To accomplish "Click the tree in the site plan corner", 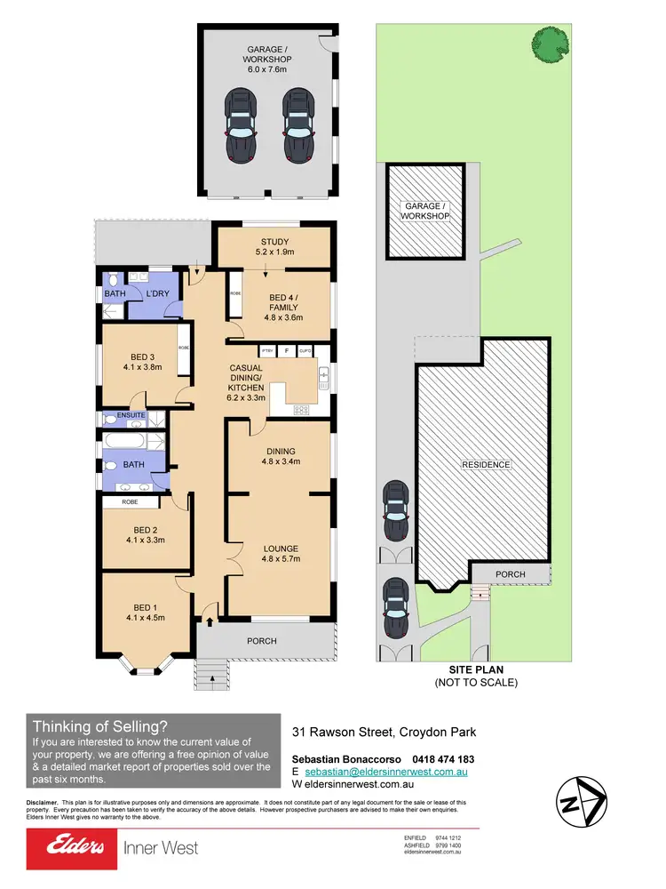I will tap(550, 42).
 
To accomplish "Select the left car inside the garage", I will tap(241, 124).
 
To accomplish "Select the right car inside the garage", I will tap(297, 124).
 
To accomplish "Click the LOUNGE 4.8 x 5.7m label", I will tap(281, 554).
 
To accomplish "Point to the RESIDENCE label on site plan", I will tap(486, 464).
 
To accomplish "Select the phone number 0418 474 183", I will tap(443, 758).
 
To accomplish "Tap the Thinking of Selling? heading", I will tap(99, 725).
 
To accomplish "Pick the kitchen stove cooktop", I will tap(302, 410).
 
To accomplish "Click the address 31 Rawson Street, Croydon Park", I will tap(384, 732).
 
